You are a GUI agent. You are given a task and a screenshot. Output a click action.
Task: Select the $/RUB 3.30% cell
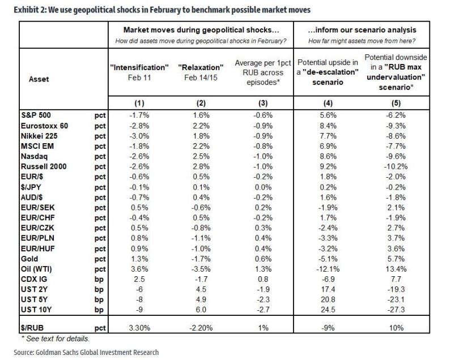(x=138, y=328)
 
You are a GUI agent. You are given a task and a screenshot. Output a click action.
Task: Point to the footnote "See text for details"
(x=57, y=338)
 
